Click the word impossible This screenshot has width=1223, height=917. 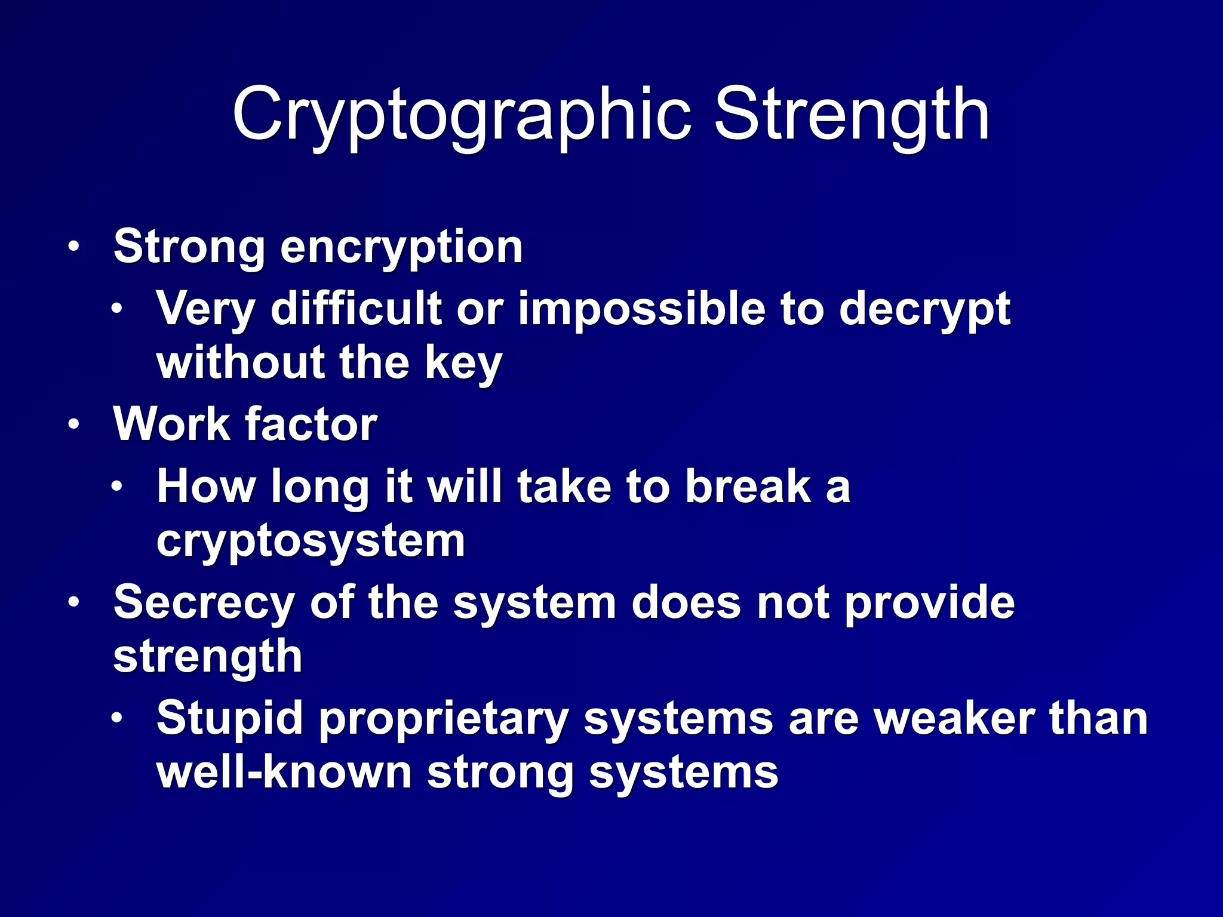click(x=641, y=309)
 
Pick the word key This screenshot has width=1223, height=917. click(x=463, y=364)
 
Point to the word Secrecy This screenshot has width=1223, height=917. click(x=203, y=602)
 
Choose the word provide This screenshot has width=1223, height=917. click(x=929, y=604)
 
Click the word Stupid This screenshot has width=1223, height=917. click(x=229, y=719)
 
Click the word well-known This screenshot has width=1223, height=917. click(x=284, y=773)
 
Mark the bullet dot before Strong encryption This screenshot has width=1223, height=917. click(x=73, y=247)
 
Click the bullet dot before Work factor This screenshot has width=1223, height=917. click(x=73, y=424)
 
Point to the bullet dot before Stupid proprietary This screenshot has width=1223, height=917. click(x=117, y=718)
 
